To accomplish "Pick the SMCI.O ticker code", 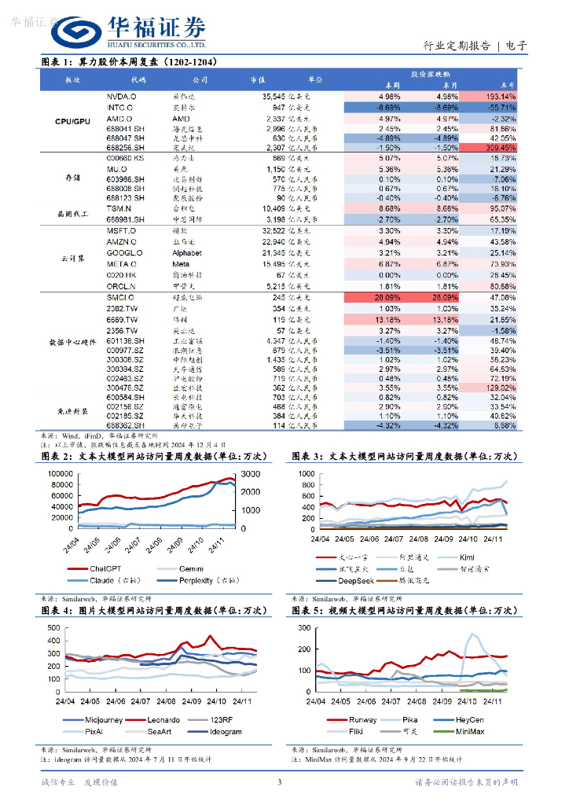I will point(121,299).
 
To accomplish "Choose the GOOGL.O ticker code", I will point(124,253).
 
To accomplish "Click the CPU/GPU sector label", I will point(73,122).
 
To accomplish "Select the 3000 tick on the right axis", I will point(249,474).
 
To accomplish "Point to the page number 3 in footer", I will point(279,782).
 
